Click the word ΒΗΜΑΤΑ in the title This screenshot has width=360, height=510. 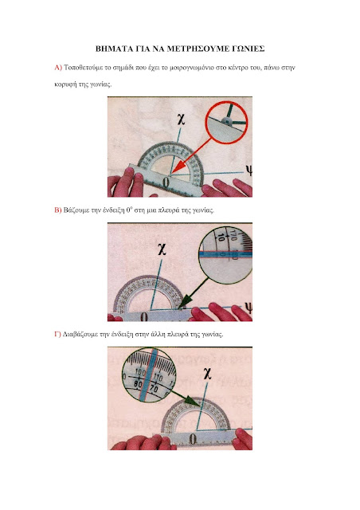pos(113,49)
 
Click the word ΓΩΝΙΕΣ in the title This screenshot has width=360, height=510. pos(248,49)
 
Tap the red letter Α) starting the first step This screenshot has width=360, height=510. pos(58,68)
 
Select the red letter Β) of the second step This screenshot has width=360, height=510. pos(57,210)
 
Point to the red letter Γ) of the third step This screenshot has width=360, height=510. pos(57,334)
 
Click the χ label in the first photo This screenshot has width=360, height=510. pos(181,119)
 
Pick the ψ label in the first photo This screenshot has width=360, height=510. pos(248,170)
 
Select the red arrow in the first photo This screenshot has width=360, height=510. pos(192,155)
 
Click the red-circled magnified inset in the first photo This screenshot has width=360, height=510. pos(227,122)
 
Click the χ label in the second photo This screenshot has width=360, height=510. pos(162,250)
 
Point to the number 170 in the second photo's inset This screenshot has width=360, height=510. pos(233,234)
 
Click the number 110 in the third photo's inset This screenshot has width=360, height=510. pos(158,378)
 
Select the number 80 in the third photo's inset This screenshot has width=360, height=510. pos(138,384)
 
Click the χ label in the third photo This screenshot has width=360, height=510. pos(207,374)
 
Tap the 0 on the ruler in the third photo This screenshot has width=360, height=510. pos(193,439)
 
